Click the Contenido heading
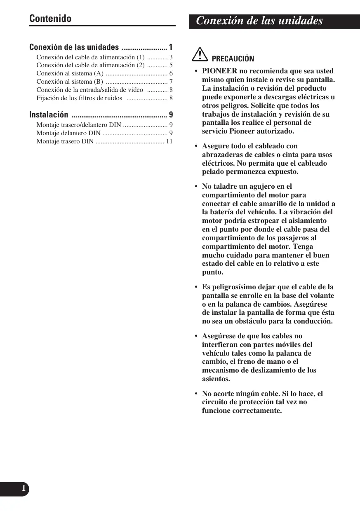coord(50,19)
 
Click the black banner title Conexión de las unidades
coord(259,21)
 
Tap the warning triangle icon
coord(201,55)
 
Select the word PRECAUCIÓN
coord(233,59)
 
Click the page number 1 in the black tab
coord(24,489)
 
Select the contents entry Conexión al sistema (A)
coord(70,73)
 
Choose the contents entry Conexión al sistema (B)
coord(70,82)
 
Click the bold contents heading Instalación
coord(49,115)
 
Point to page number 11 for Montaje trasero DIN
coord(169,141)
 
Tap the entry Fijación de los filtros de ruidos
coord(79,98)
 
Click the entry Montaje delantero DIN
coord(68,133)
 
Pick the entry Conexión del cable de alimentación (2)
coord(90,65)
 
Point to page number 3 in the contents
coord(171,57)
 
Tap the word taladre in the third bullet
coord(227,187)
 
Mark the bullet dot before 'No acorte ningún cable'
coord(196,394)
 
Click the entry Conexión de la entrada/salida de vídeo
coord(89,90)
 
